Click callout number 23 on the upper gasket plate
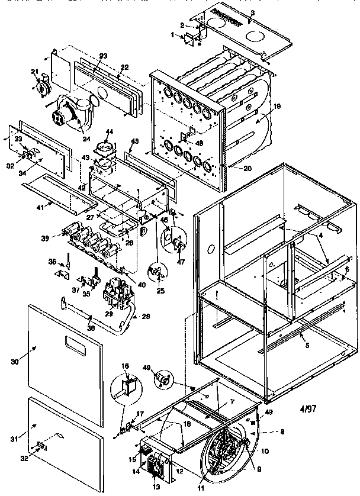(103, 56)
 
